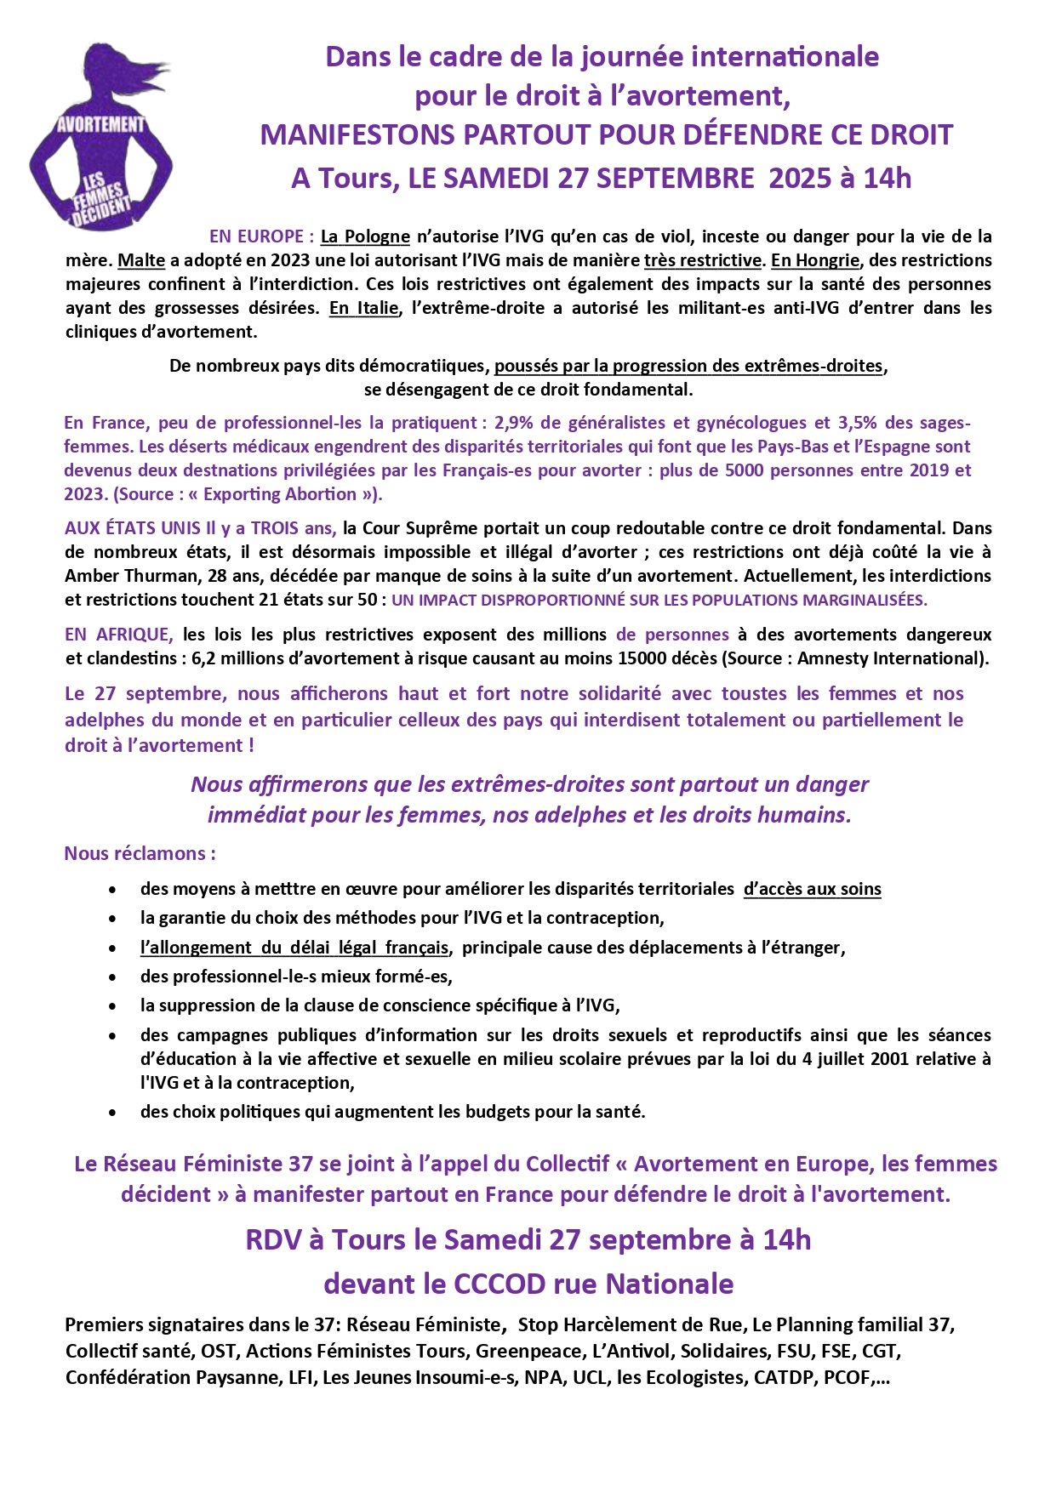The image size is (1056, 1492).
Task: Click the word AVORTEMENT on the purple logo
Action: [x=100, y=124]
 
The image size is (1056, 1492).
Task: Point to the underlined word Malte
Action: [x=141, y=260]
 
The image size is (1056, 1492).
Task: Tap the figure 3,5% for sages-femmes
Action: [x=858, y=423]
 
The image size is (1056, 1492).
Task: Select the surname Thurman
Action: [x=163, y=576]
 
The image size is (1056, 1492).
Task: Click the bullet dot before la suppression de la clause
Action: [x=112, y=1006]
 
